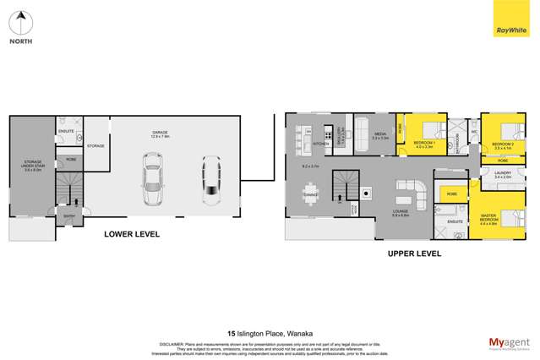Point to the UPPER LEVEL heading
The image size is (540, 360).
click(x=414, y=253)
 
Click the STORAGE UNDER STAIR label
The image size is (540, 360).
click(x=33, y=166)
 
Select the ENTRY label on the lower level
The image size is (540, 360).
click(x=69, y=216)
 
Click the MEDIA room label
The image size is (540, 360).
click(x=379, y=134)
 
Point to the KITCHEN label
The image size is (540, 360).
click(x=320, y=144)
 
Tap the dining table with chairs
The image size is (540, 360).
click(x=310, y=195)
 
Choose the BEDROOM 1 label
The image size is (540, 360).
click(x=423, y=143)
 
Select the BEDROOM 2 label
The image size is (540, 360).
click(x=502, y=144)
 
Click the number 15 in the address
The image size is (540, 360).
click(x=232, y=333)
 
